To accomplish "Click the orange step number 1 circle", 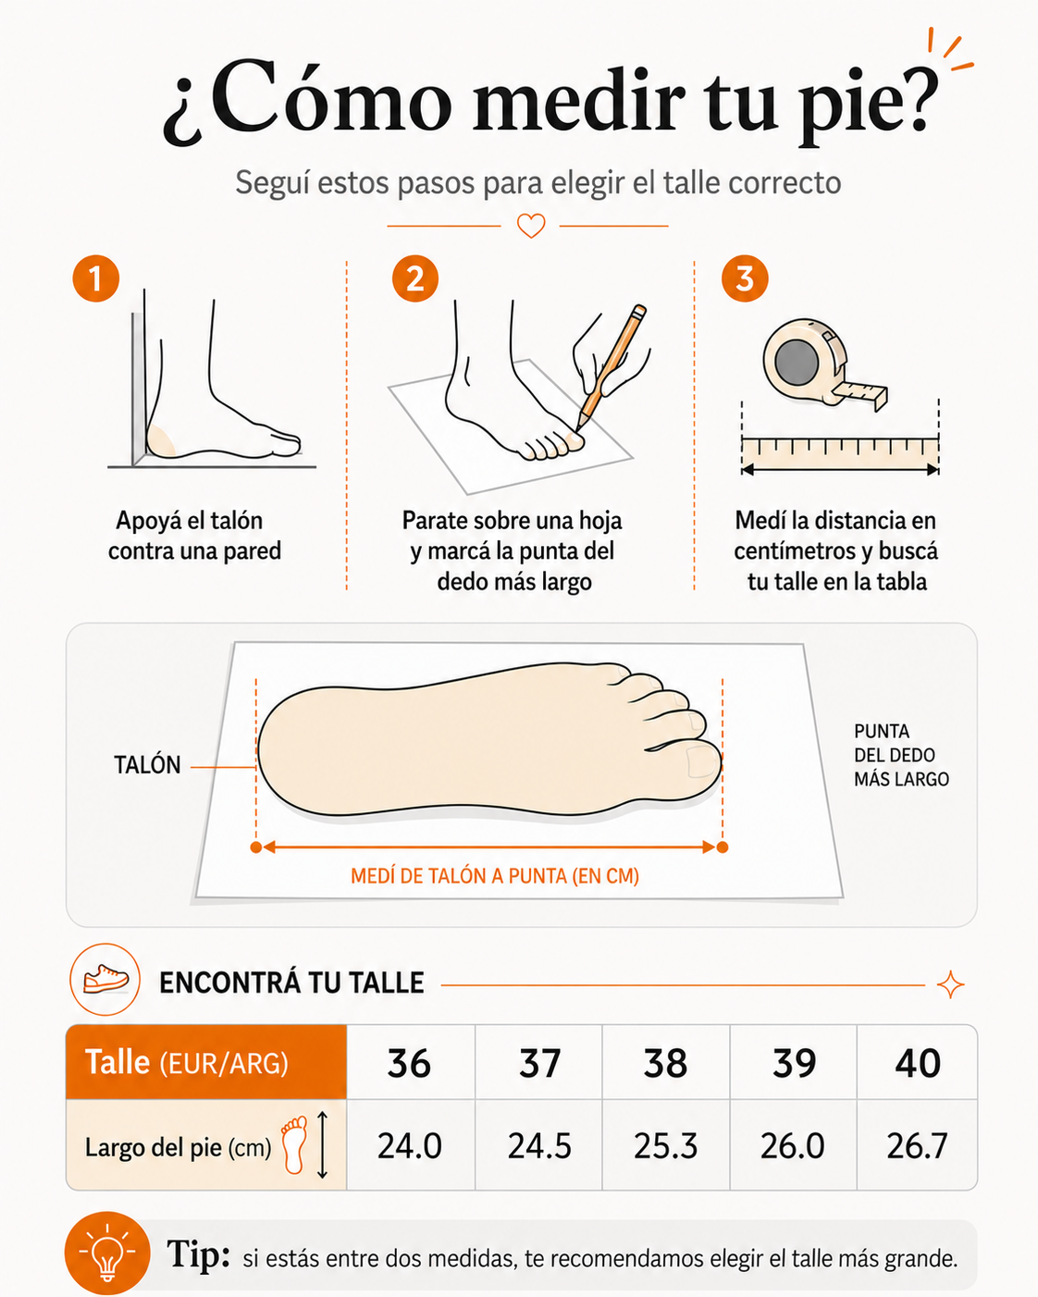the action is tap(96, 278).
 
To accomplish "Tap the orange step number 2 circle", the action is tap(415, 278).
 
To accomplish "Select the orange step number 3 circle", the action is tap(745, 278).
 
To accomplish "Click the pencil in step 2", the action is tap(612, 367).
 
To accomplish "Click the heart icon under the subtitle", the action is tap(531, 226).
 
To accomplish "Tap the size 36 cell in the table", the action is tap(410, 1063).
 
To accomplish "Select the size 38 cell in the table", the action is tap(665, 1063).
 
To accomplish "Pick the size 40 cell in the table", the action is tap(918, 1063).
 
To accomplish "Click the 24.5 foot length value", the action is tap(539, 1145).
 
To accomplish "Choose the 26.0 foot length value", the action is tap(793, 1145).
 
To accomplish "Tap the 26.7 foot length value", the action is tap(918, 1145).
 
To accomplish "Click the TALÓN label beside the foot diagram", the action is tap(148, 765).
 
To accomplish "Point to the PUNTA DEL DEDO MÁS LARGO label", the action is tap(901, 755).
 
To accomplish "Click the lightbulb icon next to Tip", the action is tap(107, 1253).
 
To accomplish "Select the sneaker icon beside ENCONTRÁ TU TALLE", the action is tap(105, 980).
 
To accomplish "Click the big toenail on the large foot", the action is tap(701, 761).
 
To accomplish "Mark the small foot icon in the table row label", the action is tap(295, 1144).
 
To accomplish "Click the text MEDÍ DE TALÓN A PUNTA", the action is tap(459, 876).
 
